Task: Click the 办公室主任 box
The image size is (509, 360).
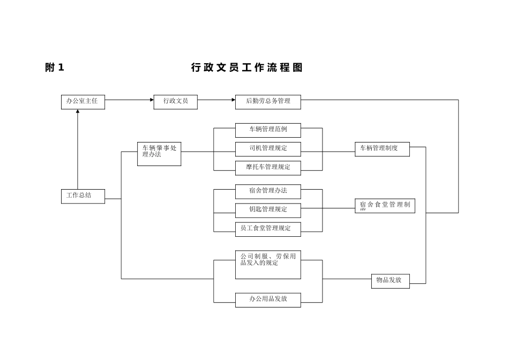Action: pos(83,102)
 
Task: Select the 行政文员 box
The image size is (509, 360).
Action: pos(175,102)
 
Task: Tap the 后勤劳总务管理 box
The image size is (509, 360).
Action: pos(268,102)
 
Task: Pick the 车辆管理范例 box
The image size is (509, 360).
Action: pos(268,130)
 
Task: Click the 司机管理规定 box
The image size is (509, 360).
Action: pos(268,149)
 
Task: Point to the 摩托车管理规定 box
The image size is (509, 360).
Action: pos(268,168)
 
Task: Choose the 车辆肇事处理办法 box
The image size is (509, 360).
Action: pos(159,154)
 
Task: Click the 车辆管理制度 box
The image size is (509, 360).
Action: pos(382,149)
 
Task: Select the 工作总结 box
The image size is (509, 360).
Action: pos(83,196)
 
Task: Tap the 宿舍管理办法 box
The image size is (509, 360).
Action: pos(268,191)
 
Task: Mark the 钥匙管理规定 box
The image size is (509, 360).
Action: pos(268,210)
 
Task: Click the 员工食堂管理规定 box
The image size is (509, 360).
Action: pos(268,229)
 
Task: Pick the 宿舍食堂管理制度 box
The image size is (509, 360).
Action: pos(385,206)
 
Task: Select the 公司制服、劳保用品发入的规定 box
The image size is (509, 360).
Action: pos(268,264)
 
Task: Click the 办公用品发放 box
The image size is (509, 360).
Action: pos(268,299)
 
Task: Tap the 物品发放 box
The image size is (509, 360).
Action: pos(390,281)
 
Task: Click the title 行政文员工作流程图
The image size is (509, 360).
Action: pos(247,67)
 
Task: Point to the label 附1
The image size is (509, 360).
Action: pos(55,67)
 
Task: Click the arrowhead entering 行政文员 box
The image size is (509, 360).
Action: pos(152,100)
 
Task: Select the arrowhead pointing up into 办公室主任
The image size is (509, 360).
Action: pos(78,111)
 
